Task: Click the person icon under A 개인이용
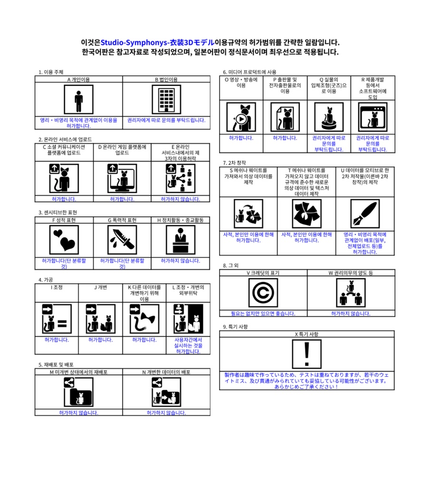click(78, 100)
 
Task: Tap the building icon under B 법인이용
click(166, 100)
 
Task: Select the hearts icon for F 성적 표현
click(64, 240)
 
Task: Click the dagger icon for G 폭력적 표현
click(122, 240)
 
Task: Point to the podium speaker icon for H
click(181, 240)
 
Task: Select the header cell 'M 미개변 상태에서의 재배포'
click(78, 372)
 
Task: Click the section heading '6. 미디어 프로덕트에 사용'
click(249, 72)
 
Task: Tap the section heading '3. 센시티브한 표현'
click(57, 213)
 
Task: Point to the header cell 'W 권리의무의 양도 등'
click(351, 273)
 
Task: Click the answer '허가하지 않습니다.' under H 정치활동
click(181, 261)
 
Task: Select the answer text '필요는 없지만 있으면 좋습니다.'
click(263, 313)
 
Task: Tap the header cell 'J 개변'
click(100, 287)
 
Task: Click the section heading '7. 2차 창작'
click(235, 163)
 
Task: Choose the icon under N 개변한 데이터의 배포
click(166, 393)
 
